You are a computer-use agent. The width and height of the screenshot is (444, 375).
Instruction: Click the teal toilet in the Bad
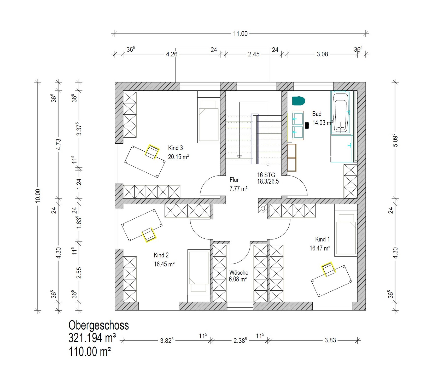click(299, 101)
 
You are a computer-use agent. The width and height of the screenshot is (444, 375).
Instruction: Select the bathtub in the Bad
click(341, 112)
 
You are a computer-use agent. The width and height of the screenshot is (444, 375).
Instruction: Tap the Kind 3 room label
click(176, 148)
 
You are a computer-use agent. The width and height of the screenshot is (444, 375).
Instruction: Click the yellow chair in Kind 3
click(152, 152)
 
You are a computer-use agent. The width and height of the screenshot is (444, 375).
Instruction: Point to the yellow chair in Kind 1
click(329, 269)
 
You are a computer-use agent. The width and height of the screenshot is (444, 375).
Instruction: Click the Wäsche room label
click(239, 273)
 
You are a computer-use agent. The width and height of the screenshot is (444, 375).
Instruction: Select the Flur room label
click(234, 180)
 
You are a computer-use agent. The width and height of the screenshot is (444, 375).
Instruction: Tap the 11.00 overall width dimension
click(240, 34)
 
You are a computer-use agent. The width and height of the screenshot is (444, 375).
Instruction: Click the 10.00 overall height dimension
click(38, 196)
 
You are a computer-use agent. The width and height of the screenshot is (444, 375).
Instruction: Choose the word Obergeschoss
click(99, 326)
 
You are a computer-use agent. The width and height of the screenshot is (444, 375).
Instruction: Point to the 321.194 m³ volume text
click(92, 338)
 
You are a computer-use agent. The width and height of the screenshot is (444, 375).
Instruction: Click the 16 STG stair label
click(266, 175)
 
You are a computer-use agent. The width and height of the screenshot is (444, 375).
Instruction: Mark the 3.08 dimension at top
click(322, 54)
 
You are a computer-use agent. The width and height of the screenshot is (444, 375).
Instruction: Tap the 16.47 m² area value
click(320, 248)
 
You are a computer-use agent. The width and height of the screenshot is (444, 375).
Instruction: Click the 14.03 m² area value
click(323, 123)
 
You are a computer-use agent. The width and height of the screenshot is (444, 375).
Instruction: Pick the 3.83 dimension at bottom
click(330, 340)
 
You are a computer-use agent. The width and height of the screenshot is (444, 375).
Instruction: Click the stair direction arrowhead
click(239, 157)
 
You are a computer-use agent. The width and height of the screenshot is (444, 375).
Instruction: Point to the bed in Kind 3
click(208, 117)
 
